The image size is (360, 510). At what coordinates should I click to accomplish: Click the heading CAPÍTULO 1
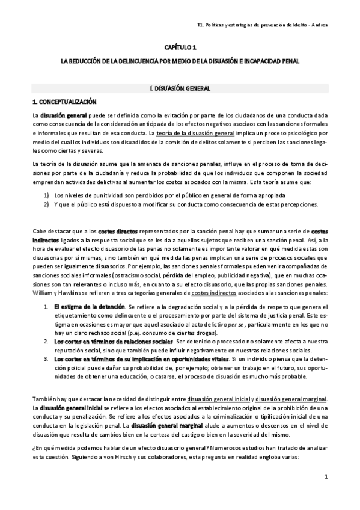tap(180, 46)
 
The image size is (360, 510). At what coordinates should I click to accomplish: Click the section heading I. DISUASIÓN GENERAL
tap(180, 88)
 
